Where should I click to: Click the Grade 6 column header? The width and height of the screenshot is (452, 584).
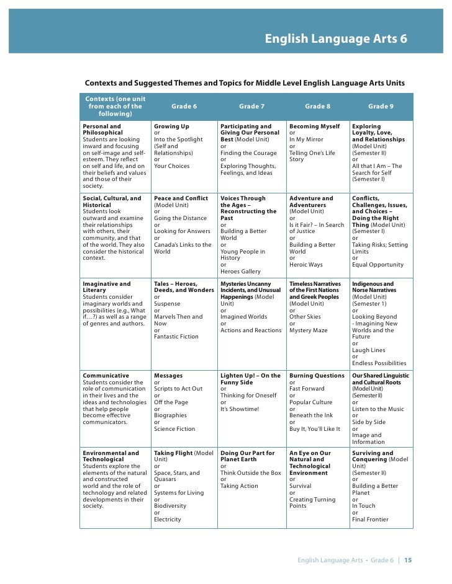point(184,107)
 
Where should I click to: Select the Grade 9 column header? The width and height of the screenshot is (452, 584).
point(381,107)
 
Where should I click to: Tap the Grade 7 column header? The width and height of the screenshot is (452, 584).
point(251,107)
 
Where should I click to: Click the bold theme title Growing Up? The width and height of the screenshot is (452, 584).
point(171,126)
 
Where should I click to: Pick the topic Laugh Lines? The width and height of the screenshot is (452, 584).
point(369,350)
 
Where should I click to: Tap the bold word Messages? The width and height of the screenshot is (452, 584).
point(168,376)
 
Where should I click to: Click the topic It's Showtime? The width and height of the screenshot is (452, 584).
point(240,409)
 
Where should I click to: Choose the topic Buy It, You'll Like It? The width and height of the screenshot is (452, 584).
point(315,429)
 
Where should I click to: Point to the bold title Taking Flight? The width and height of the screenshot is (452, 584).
point(173,453)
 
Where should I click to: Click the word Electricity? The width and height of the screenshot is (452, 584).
point(168,520)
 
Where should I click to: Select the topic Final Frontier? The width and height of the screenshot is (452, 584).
point(370,520)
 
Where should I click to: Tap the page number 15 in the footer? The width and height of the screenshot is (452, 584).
point(408,560)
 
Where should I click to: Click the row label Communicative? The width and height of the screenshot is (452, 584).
point(106,376)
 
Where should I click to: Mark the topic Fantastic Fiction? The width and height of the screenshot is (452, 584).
point(176,337)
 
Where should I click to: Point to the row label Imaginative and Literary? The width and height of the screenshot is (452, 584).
point(107,287)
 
